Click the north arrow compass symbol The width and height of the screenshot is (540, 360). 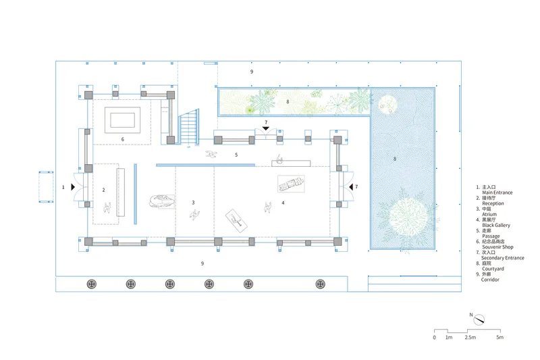tap(479, 320)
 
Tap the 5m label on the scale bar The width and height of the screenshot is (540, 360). tap(500, 337)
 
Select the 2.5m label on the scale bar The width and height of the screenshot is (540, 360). tap(470, 337)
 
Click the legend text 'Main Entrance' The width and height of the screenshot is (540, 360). tap(497, 192)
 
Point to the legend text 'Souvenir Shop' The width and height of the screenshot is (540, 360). tap(497, 247)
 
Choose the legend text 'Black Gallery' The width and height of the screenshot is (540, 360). tap(496, 226)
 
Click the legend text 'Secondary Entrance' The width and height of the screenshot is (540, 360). tap(502, 258)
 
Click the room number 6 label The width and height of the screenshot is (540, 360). tap(123, 139)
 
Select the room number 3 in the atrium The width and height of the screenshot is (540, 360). tap(193, 203)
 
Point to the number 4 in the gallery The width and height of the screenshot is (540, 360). tap(283, 203)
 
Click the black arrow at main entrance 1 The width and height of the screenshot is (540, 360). tap(73, 187)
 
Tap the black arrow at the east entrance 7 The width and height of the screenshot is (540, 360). tap(351, 186)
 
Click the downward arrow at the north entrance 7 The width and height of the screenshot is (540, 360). tap(265, 128)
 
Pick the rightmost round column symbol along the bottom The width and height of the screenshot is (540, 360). tap(320, 284)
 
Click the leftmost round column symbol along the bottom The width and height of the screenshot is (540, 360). tap(91, 284)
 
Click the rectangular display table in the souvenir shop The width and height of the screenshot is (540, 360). tap(122, 120)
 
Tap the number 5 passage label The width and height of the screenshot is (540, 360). tap(236, 155)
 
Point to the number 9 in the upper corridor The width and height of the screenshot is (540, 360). tap(251, 72)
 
